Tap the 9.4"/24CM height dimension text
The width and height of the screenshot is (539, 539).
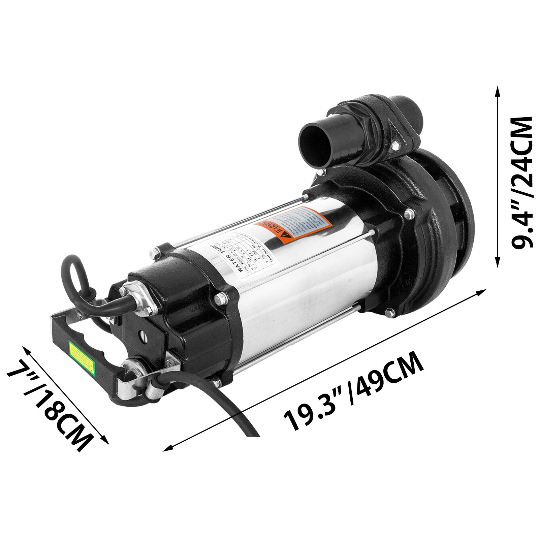point(521,182)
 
